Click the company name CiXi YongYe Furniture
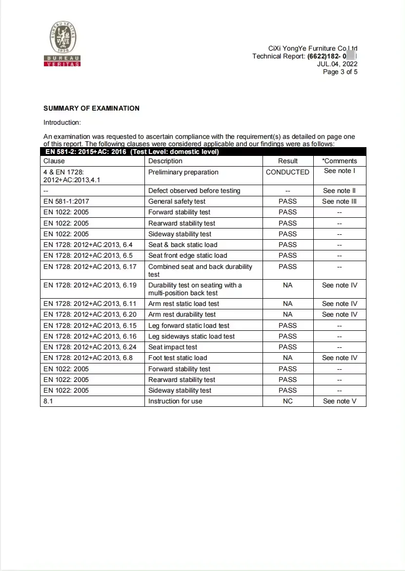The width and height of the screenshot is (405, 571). point(312,48)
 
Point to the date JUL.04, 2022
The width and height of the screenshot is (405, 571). point(337,64)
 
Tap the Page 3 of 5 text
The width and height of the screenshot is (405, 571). point(340,72)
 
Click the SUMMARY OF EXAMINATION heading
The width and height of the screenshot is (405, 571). point(91,108)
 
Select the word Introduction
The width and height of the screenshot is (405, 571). point(62,122)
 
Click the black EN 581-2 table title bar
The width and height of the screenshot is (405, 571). point(203,152)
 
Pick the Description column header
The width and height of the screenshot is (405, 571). point(165,161)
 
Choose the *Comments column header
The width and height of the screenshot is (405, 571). point(340,161)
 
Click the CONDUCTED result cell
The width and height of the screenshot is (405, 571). point(287,172)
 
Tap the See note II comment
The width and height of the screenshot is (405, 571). point(340,190)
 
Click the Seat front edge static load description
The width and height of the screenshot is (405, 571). point(187,255)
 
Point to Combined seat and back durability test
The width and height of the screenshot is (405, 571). point(200,270)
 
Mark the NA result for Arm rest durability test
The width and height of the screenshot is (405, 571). point(287,314)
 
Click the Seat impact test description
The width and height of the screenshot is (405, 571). point(173,347)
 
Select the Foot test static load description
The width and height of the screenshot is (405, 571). point(178,358)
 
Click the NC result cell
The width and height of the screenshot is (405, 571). point(287,401)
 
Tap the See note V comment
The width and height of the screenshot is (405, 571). point(340,401)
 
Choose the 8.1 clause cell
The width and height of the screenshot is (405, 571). point(49,401)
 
